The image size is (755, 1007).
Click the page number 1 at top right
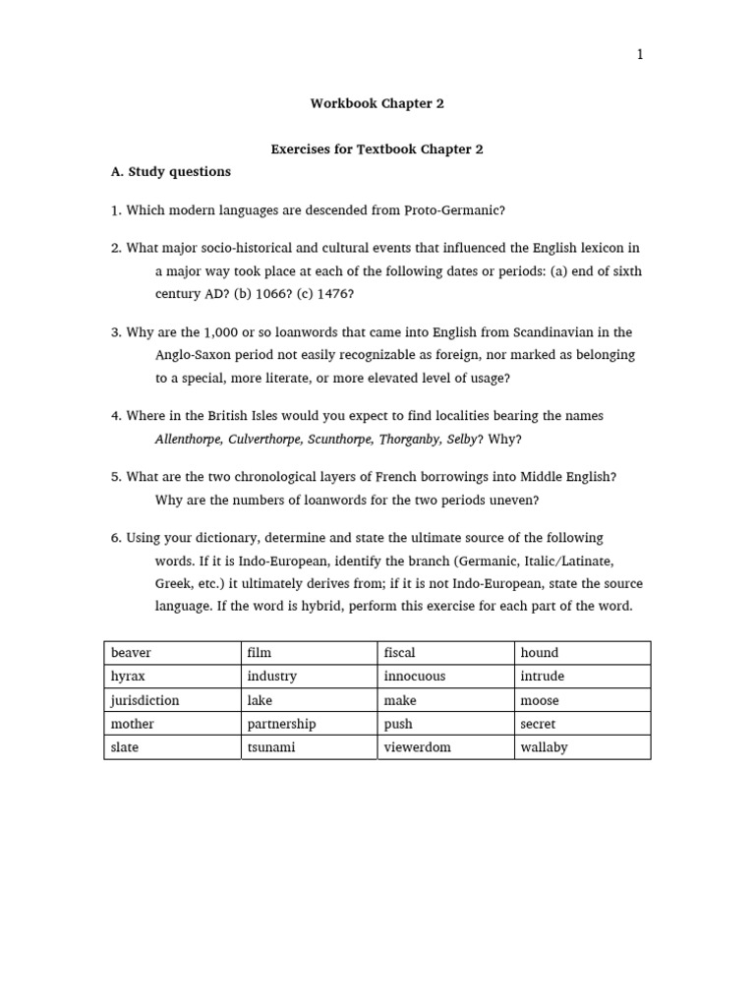click(x=640, y=55)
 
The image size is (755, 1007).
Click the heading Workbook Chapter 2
click(x=371, y=103)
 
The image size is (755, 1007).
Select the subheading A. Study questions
click(x=171, y=172)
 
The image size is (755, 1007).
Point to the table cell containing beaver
click(x=172, y=653)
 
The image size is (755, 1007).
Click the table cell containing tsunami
click(x=309, y=747)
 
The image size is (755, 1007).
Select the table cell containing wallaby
click(x=582, y=747)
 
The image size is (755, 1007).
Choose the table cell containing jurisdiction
click(x=172, y=700)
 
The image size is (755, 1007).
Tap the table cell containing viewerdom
click(x=445, y=747)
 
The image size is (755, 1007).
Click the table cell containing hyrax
click(x=172, y=677)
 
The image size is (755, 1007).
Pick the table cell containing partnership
click(x=309, y=724)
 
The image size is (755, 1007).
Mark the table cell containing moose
click(x=582, y=700)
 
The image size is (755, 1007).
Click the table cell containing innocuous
click(x=445, y=677)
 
